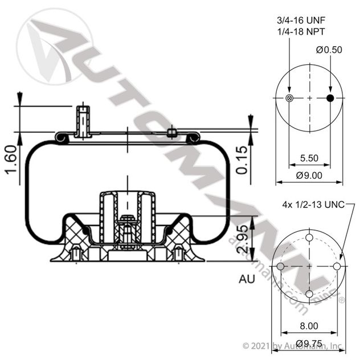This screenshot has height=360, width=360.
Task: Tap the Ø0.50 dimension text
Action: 329,50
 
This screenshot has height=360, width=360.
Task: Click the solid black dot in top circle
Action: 329,99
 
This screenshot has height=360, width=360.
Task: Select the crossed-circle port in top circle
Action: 289,99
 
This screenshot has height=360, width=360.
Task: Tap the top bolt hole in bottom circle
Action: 309,238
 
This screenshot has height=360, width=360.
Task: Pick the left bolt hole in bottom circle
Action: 281,266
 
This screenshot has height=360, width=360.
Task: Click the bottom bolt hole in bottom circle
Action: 309,294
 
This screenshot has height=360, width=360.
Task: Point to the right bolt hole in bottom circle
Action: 337,266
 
